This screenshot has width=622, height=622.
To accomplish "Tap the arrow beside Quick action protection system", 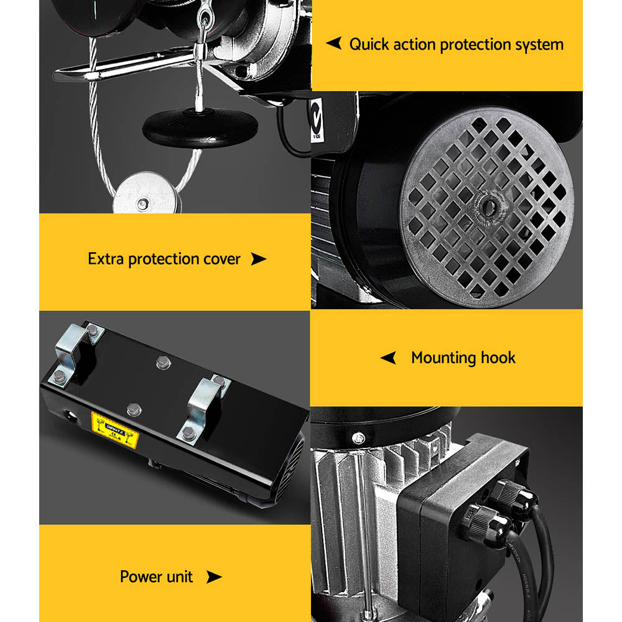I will [x=334, y=44].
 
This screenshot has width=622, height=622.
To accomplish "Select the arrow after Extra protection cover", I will [x=258, y=259].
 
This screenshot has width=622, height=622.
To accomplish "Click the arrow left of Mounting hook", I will [x=388, y=358].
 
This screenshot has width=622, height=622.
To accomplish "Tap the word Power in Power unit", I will [x=139, y=577].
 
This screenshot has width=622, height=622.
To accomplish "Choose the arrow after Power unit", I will [x=213, y=577].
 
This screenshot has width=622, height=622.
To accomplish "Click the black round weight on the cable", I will [x=200, y=128].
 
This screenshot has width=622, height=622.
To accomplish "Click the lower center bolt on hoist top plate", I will [x=132, y=409].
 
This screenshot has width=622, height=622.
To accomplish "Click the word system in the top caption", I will [x=539, y=45].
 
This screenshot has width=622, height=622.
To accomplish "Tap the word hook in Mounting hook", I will [x=498, y=358].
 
